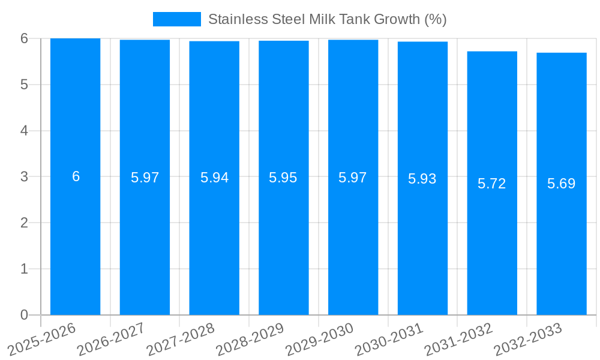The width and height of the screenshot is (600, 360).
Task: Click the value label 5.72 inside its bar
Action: (492, 184)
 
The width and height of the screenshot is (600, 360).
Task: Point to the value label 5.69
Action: (562, 184)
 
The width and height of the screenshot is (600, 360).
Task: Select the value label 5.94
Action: (214, 178)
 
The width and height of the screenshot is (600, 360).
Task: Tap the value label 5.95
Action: (283, 178)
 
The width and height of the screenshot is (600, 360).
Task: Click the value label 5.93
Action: (422, 179)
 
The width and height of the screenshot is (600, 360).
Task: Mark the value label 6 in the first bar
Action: (76, 176)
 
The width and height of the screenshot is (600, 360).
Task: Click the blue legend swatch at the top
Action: (177, 19)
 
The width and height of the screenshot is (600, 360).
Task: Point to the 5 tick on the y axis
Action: (25, 85)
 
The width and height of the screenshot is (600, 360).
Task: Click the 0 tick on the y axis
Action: (25, 315)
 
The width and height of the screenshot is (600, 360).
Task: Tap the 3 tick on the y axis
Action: (25, 177)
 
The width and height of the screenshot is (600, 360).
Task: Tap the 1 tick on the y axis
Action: (25, 269)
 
